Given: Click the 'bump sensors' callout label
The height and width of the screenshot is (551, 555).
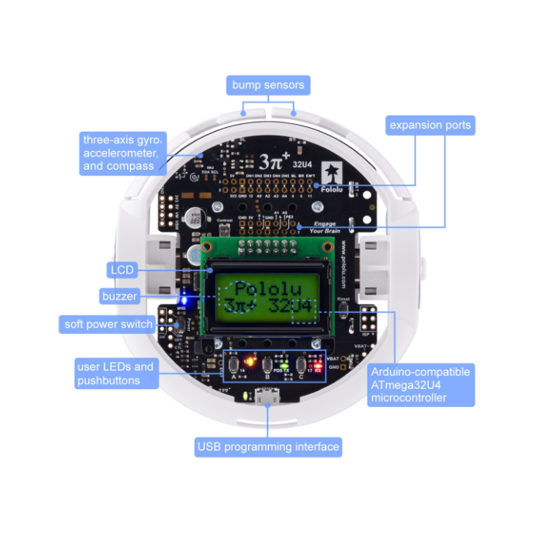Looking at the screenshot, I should [x=267, y=84].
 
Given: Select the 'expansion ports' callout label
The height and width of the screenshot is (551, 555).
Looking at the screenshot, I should [x=429, y=125].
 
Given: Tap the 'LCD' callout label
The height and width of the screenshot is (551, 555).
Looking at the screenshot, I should [x=122, y=270].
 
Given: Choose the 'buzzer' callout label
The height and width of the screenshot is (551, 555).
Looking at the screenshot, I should [x=120, y=296].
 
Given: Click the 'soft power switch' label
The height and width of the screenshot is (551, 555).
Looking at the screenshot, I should [x=109, y=324].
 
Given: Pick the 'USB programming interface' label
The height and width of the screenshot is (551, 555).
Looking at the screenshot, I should [x=267, y=446].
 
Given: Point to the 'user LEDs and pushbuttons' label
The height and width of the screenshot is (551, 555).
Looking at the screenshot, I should [x=115, y=373].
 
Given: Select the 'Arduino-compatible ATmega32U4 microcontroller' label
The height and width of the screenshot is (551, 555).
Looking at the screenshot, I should [x=420, y=384].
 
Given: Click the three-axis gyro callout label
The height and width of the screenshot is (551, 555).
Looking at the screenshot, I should [x=122, y=152].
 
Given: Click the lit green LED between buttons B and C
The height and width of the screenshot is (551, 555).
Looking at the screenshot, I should [x=284, y=363].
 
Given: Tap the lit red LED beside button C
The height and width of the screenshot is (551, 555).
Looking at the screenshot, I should [x=316, y=363].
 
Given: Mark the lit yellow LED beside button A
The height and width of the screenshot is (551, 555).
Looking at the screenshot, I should [x=250, y=361].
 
